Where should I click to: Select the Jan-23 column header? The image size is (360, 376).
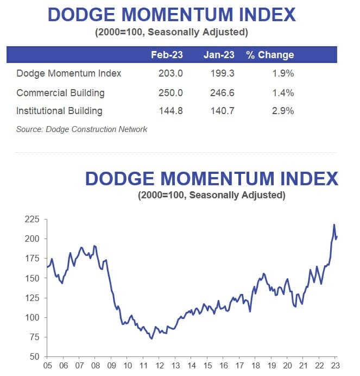point(219,55)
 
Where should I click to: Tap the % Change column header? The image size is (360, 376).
point(270,55)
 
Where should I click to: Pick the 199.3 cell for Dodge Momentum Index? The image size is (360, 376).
point(222,73)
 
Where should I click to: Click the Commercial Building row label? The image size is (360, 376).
point(60,93)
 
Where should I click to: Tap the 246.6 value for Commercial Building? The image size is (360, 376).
point(222,93)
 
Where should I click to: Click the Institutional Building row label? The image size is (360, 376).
point(59,111)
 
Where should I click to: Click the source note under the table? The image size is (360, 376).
point(81,129)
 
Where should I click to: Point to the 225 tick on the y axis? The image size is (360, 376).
point(33,220)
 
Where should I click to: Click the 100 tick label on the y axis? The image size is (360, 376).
point(33,317)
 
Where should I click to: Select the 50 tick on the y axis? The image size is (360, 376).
point(35,356)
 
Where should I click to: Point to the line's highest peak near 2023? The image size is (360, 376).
point(334,224)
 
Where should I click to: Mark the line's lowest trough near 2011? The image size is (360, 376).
point(151,339)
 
